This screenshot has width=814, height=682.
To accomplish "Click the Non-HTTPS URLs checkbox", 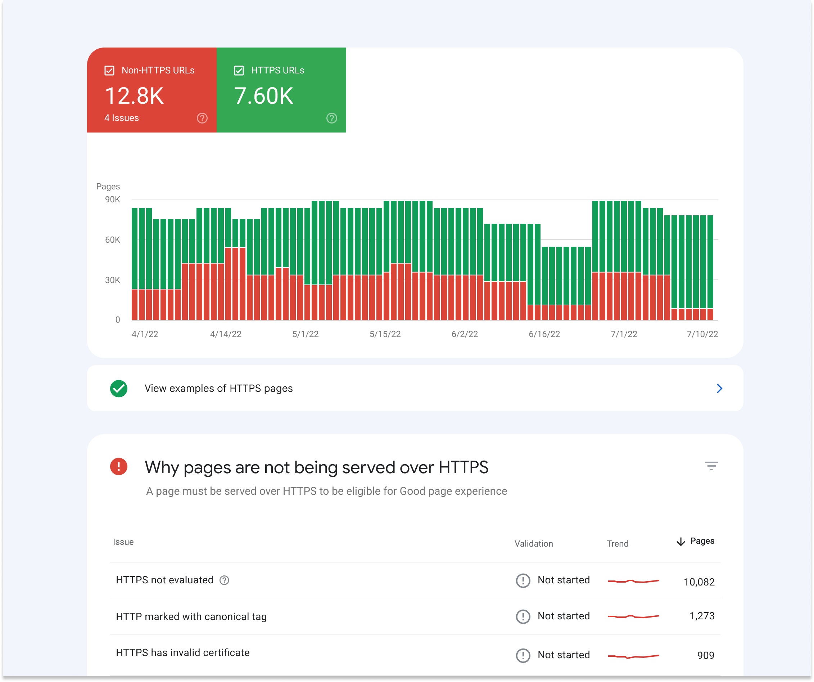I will (109, 71).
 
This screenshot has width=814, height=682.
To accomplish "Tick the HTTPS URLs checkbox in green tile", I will (239, 71).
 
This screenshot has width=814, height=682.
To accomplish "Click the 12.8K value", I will (134, 96).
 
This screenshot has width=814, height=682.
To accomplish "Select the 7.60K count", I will (263, 96).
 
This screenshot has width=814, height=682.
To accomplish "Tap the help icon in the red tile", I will (202, 118).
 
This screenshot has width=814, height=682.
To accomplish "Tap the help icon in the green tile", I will (331, 118).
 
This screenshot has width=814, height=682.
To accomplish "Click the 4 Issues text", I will (121, 118).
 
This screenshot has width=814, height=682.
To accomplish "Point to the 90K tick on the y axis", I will (112, 199).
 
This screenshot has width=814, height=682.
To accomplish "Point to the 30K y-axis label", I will (112, 280).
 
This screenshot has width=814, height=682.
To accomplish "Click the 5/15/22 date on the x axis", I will (385, 334).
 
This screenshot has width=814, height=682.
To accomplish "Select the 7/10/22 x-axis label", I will (702, 334).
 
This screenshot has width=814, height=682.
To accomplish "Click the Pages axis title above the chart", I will (108, 187).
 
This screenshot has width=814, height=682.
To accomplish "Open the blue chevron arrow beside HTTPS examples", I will (719, 388).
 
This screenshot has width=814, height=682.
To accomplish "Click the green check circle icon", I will (119, 388).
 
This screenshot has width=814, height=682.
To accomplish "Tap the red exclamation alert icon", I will (119, 466).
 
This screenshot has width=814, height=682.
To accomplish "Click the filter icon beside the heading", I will (711, 466).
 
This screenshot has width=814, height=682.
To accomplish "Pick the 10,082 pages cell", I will (698, 582).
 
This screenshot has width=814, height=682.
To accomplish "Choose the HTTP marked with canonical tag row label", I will (191, 617).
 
